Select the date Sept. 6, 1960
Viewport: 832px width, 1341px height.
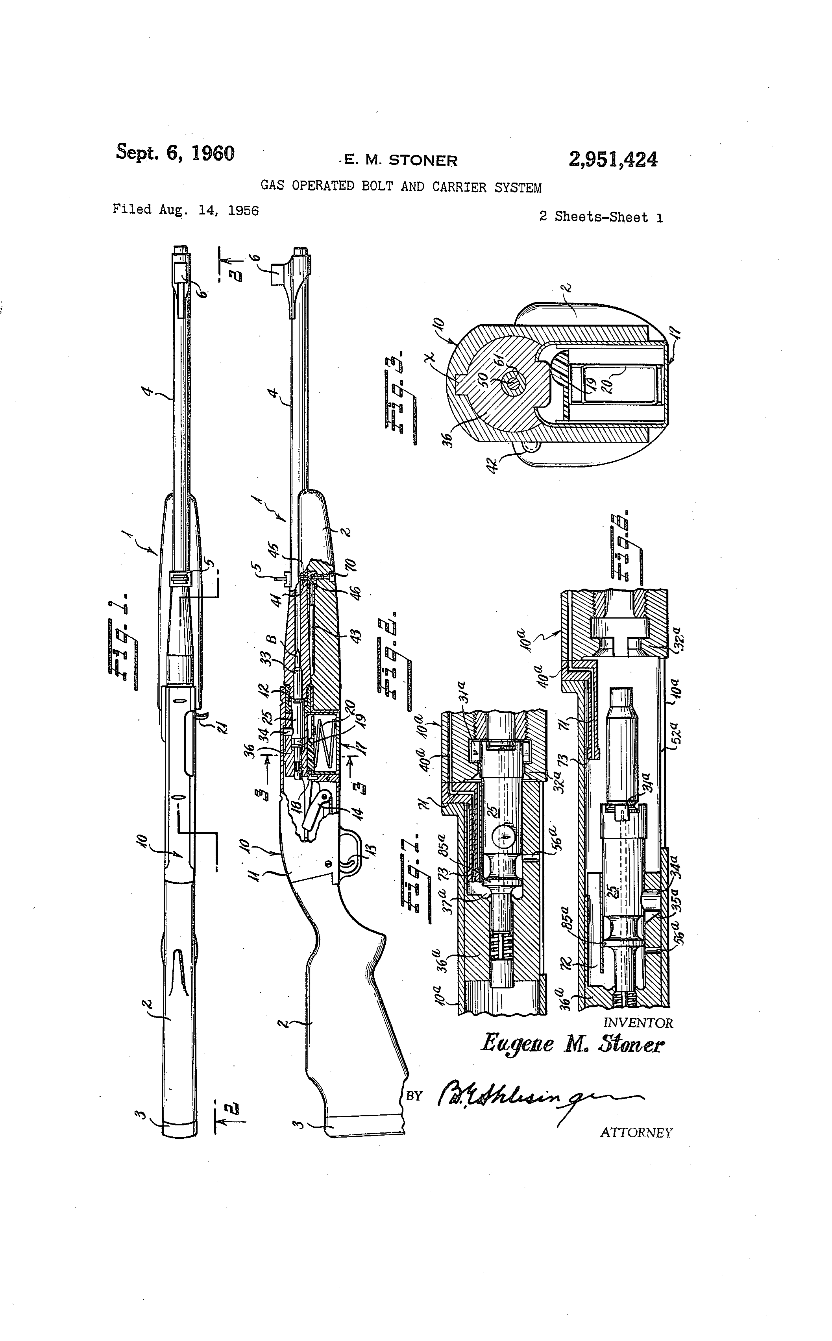(x=175, y=153)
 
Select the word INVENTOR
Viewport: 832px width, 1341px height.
(x=638, y=1023)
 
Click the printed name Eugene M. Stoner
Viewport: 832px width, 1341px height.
(x=572, y=1044)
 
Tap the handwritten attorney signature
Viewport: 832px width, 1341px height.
(x=528, y=1096)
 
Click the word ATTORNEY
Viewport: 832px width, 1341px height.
(x=636, y=1132)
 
